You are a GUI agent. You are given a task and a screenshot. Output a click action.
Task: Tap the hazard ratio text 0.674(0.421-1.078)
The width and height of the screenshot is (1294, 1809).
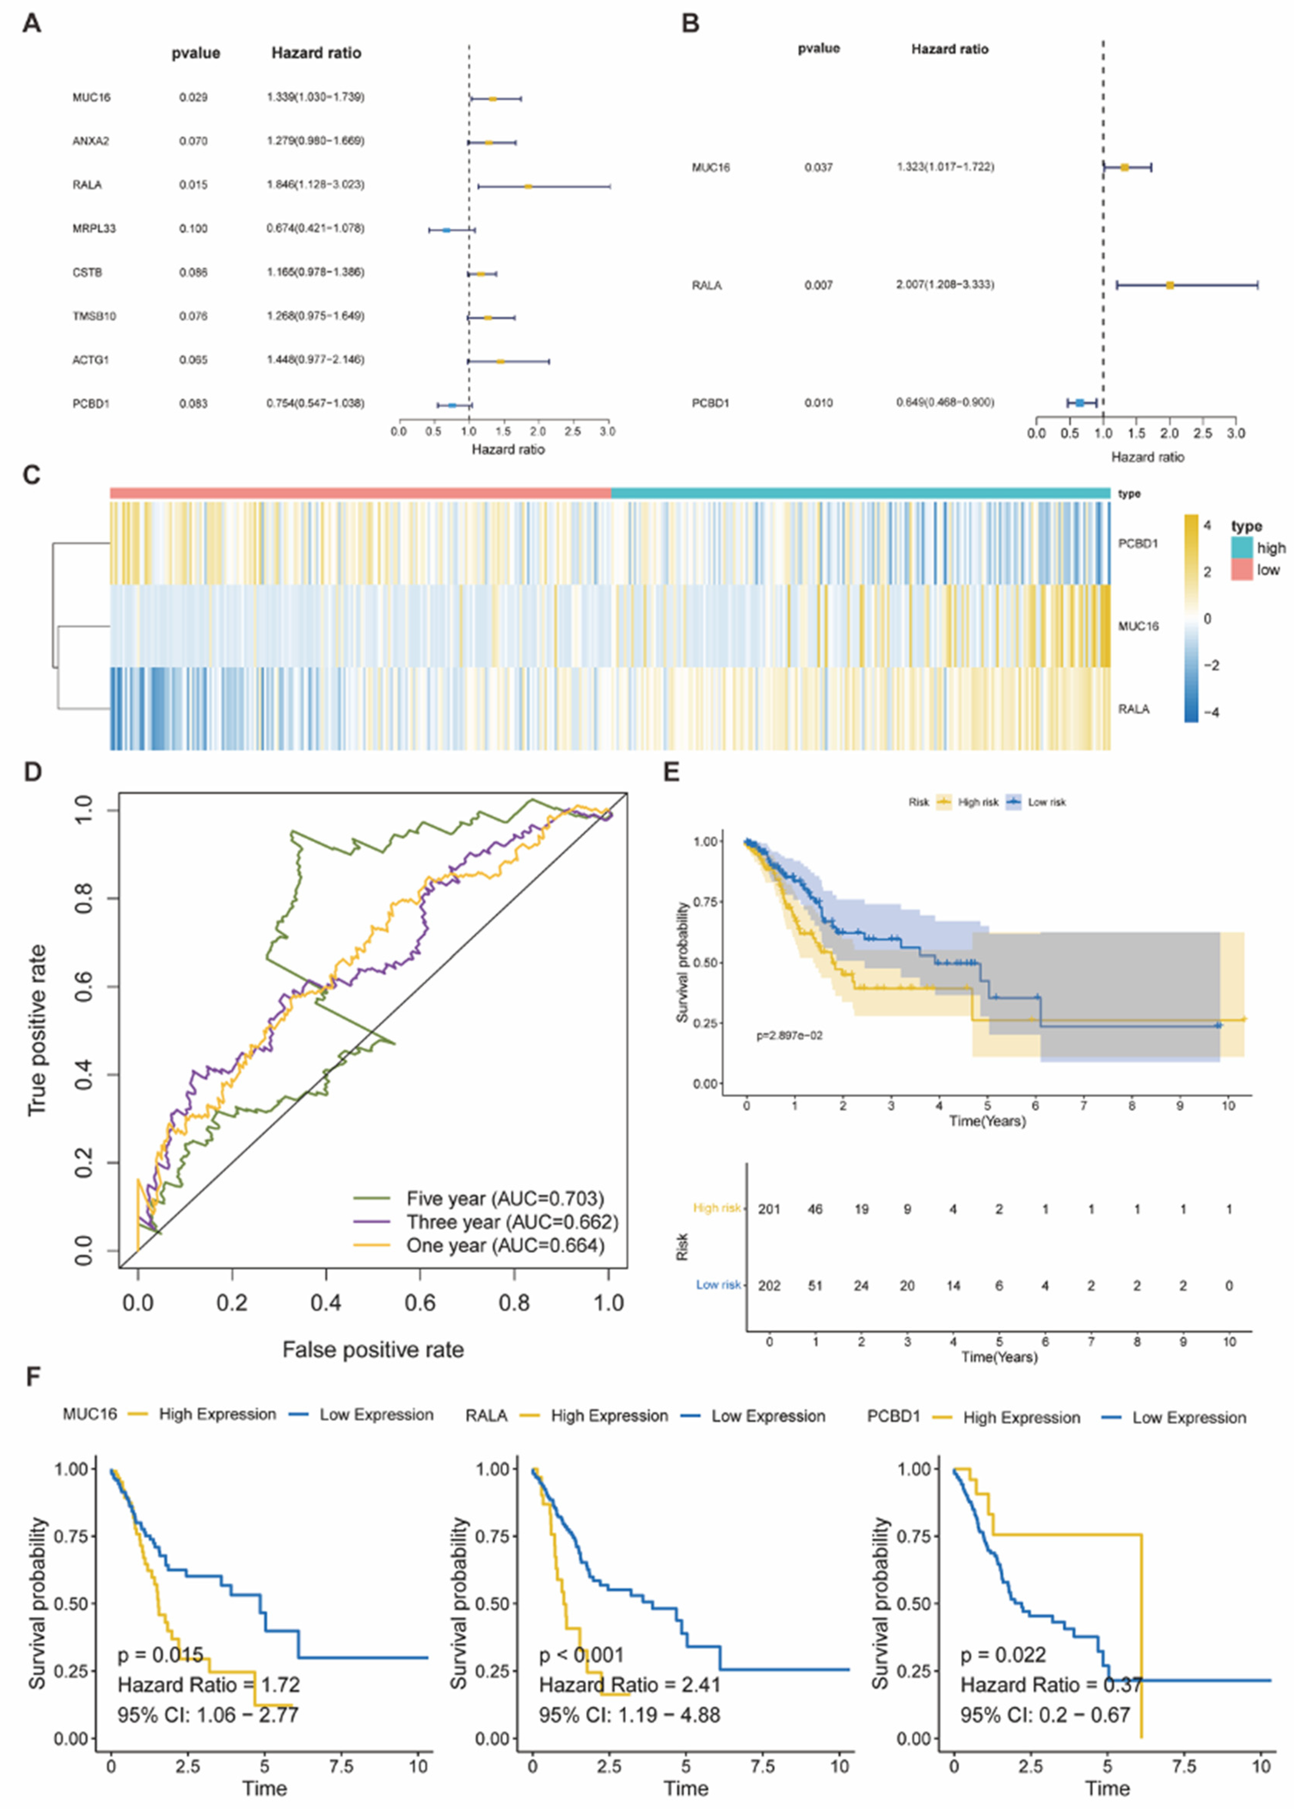tap(316, 229)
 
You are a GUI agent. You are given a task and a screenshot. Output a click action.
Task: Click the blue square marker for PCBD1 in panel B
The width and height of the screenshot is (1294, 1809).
tap(1080, 403)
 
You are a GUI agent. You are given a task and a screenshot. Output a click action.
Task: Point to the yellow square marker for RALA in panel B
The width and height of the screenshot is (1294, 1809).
tap(1170, 285)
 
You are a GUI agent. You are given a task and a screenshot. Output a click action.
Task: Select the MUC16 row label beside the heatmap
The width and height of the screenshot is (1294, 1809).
tap(1138, 627)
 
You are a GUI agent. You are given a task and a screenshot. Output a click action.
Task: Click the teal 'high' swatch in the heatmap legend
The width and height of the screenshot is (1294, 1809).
tap(1241, 547)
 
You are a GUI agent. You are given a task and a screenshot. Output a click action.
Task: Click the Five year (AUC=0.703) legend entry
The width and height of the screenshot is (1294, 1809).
tap(504, 1199)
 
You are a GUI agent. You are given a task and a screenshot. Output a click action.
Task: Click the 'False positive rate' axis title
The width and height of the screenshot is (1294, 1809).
tap(373, 1349)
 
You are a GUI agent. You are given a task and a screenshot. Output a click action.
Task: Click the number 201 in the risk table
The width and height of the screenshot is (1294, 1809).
tap(769, 1209)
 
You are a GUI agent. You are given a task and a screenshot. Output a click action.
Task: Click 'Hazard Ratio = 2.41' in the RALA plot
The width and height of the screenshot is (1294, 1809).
tap(630, 1685)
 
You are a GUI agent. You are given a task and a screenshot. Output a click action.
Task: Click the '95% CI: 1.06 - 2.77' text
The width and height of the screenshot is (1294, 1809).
tap(208, 1714)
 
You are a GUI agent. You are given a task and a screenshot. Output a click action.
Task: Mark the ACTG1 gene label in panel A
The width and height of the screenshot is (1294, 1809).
tap(90, 360)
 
